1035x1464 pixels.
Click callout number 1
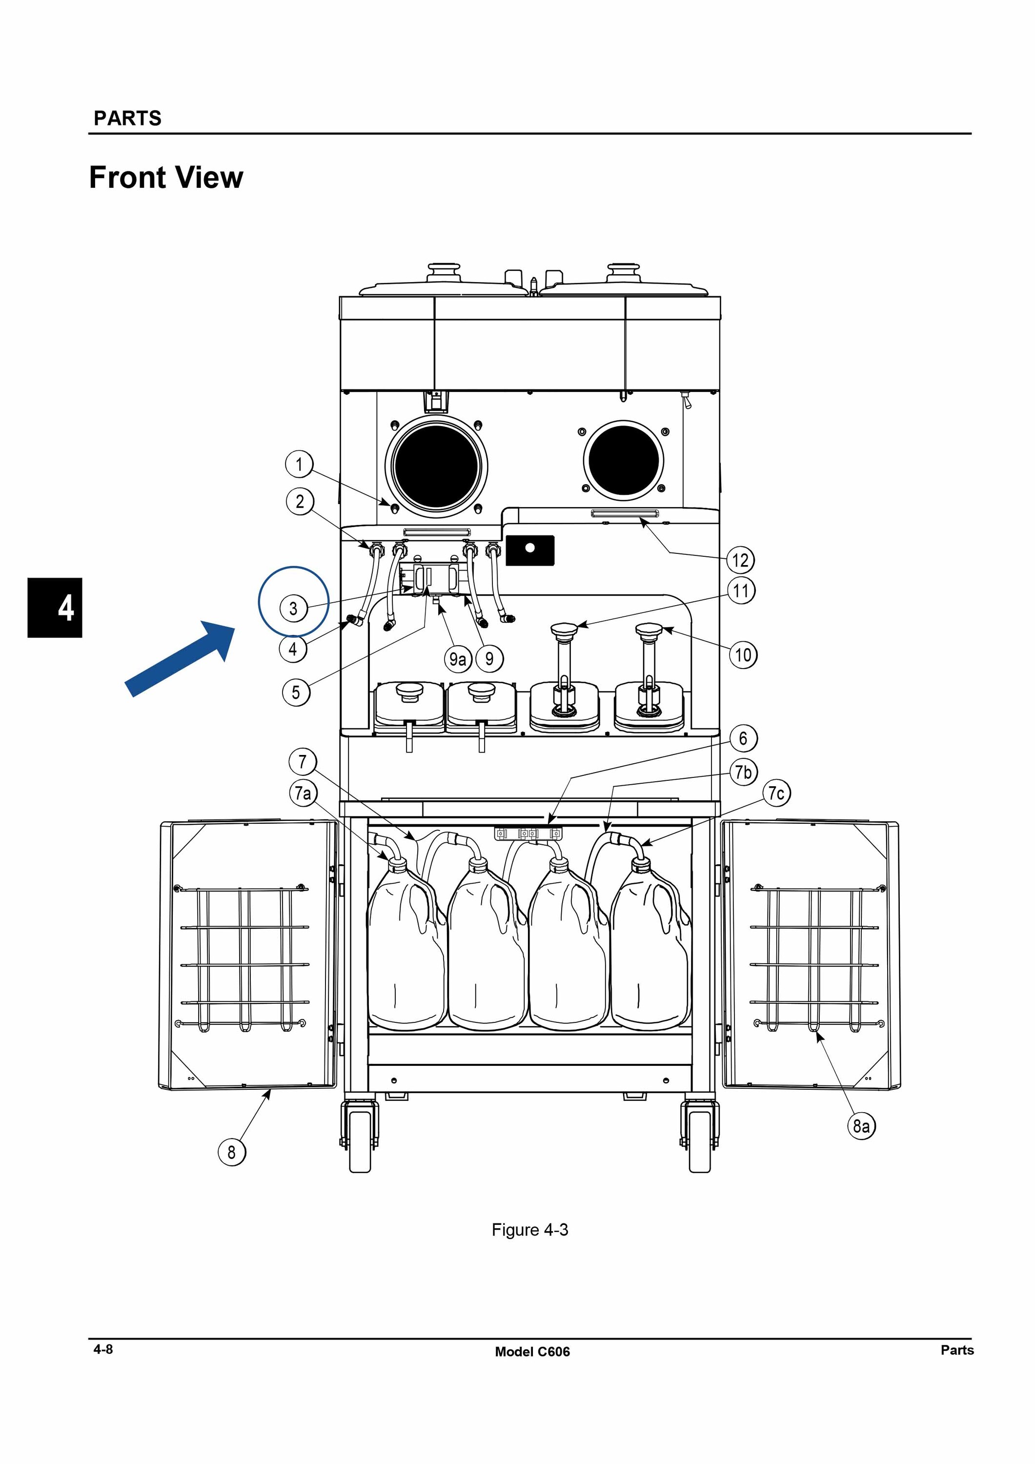(x=299, y=464)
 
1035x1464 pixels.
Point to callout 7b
(x=743, y=772)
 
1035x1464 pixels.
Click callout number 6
(x=743, y=738)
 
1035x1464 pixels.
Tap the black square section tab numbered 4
(x=55, y=607)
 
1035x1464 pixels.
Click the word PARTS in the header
(x=127, y=118)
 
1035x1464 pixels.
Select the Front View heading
(x=166, y=177)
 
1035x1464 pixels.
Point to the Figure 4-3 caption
(x=529, y=1229)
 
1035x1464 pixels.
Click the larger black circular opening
(x=437, y=466)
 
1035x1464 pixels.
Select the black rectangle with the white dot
(x=530, y=549)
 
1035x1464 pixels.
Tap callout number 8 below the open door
(x=231, y=1152)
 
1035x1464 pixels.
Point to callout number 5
(x=296, y=692)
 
